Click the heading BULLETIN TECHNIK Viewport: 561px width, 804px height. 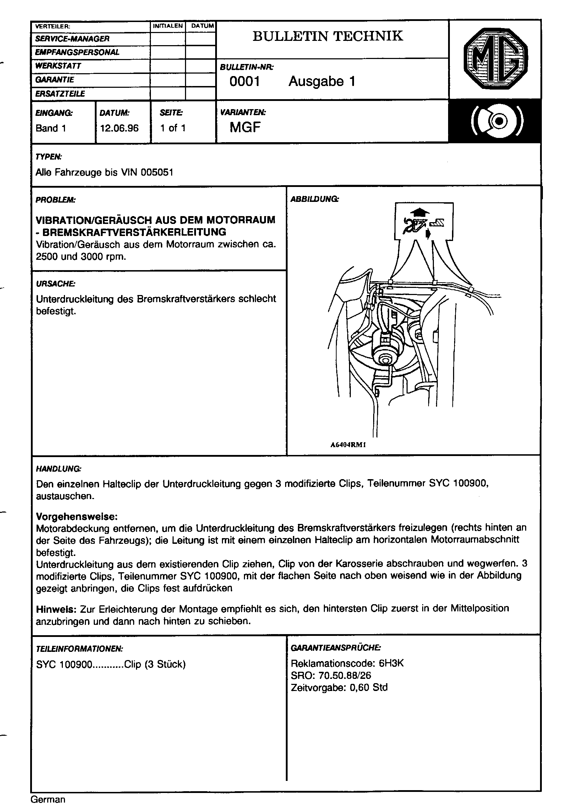[x=328, y=36]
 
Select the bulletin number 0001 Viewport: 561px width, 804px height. [x=245, y=82]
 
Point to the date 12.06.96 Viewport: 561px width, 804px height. [x=119, y=128]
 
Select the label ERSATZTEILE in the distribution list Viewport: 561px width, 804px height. [x=60, y=94]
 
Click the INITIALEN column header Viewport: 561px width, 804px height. [x=168, y=26]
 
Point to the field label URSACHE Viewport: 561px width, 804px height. [x=55, y=284]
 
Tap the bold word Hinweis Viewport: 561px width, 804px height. [x=56, y=609]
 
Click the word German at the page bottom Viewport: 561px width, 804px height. [x=48, y=799]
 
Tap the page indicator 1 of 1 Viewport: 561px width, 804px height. [x=173, y=128]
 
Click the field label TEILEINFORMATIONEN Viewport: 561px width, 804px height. [x=80, y=648]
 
